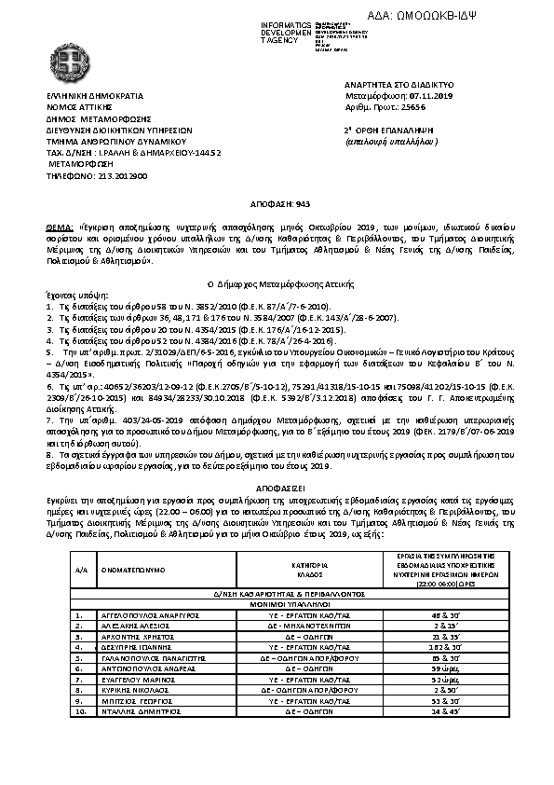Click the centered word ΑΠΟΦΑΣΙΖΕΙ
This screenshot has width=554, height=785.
tap(277, 487)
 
